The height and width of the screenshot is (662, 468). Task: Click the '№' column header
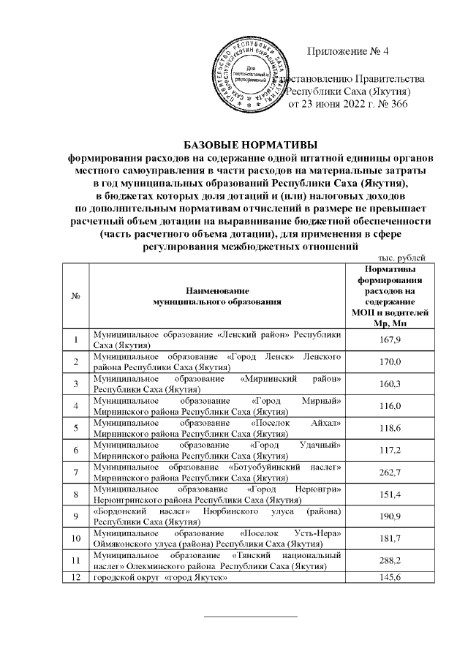click(76, 295)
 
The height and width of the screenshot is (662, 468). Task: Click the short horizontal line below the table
click(250, 617)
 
